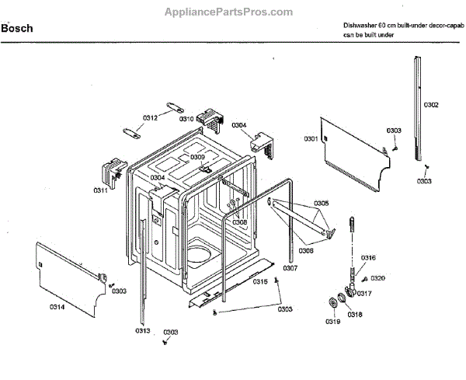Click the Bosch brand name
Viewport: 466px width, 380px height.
tap(17, 29)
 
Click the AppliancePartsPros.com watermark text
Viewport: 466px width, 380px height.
tap(229, 12)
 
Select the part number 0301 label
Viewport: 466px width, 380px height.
tap(311, 138)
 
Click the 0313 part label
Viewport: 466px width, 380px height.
tap(142, 331)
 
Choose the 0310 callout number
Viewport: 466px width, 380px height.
tap(186, 119)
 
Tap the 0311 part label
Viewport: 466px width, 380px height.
tap(101, 190)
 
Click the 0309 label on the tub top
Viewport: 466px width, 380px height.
tap(198, 157)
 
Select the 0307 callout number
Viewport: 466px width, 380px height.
tap(290, 268)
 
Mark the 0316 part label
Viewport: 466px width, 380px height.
tap(369, 257)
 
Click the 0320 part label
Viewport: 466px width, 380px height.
tap(378, 277)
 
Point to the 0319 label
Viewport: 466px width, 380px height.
tap(332, 322)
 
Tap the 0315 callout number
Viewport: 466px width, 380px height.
tap(260, 281)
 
